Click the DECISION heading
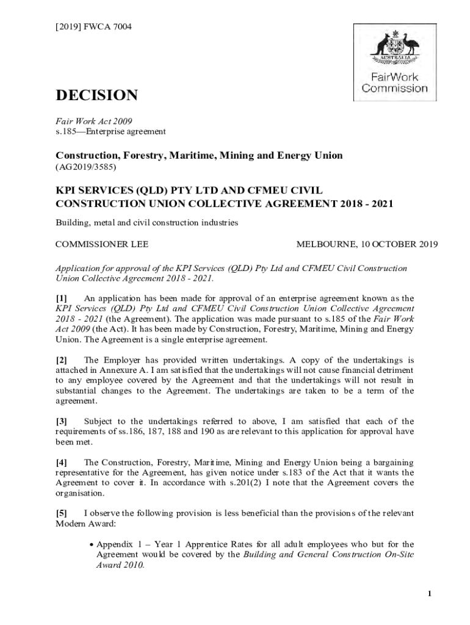click(96, 96)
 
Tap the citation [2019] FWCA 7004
click(93, 27)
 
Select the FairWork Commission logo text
click(394, 83)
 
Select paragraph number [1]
click(61, 298)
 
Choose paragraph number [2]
click(61, 359)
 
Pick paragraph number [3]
click(61, 421)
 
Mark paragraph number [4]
click(61, 462)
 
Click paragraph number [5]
click(61, 513)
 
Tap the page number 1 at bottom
click(430, 594)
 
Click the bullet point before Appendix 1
click(91, 544)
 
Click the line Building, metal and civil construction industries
click(146, 223)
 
